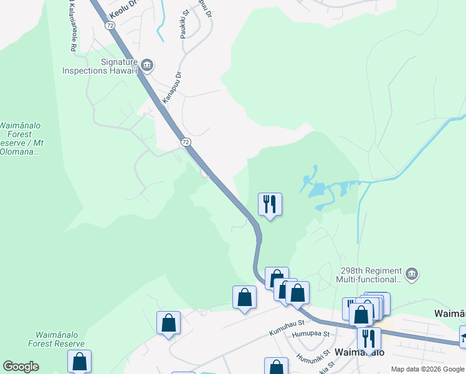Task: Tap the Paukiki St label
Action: [x=184, y=24]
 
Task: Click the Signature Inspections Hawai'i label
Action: [x=100, y=66]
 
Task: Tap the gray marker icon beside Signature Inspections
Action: [x=148, y=64]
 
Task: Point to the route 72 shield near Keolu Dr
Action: [x=110, y=26]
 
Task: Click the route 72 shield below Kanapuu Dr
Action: [x=186, y=142]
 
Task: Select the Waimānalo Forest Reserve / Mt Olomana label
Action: [x=21, y=138]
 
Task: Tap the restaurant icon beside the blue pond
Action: [x=270, y=204]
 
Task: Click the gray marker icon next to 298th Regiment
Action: [x=411, y=274]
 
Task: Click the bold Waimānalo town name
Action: [x=358, y=352]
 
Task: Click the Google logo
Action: [x=21, y=367]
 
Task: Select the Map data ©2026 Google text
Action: [x=427, y=369]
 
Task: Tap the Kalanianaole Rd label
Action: [x=70, y=25]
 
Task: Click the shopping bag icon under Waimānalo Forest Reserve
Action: [x=79, y=361]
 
